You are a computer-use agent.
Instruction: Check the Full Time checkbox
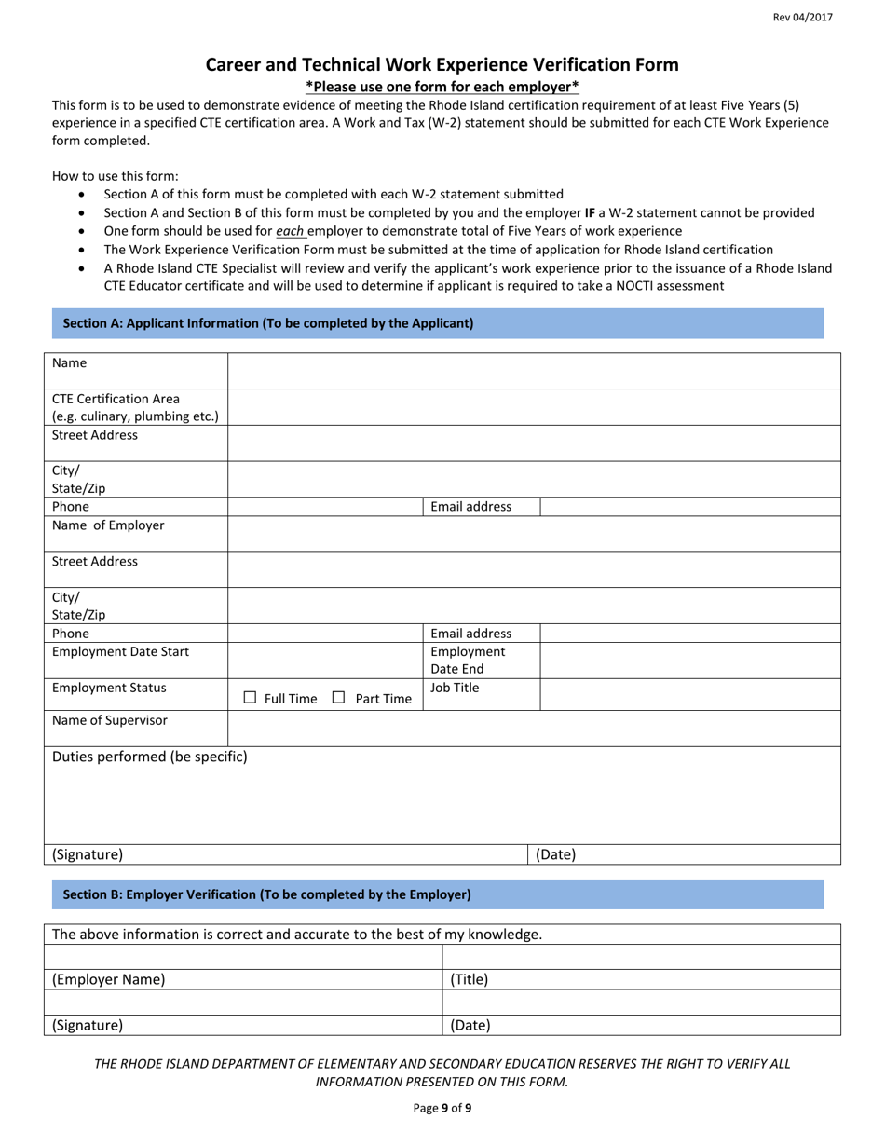coord(250,697)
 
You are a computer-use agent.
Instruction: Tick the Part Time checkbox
coord(339,697)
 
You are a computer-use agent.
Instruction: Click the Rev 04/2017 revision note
coord(803,18)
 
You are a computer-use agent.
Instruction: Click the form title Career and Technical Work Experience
coord(442,64)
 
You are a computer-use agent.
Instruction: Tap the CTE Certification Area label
coord(116,399)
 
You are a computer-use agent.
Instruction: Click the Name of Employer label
coord(108,525)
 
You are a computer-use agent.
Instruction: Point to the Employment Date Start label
coord(120,651)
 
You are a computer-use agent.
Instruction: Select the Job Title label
coord(455,688)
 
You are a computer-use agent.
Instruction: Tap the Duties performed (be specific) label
coord(150,757)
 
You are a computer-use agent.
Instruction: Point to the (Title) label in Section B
coord(470,979)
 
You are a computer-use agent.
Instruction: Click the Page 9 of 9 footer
coord(442,1108)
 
